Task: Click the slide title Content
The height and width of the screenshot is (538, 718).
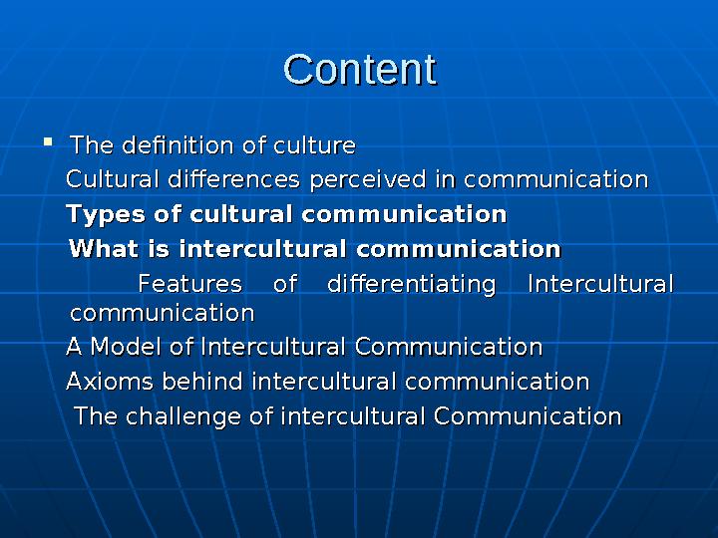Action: (360, 70)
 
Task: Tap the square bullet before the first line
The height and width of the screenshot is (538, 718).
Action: (47, 143)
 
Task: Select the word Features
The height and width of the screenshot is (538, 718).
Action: (189, 284)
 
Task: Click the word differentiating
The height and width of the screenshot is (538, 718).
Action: (412, 284)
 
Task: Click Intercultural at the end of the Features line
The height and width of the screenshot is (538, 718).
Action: (600, 284)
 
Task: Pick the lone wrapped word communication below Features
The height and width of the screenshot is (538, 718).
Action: (163, 313)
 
